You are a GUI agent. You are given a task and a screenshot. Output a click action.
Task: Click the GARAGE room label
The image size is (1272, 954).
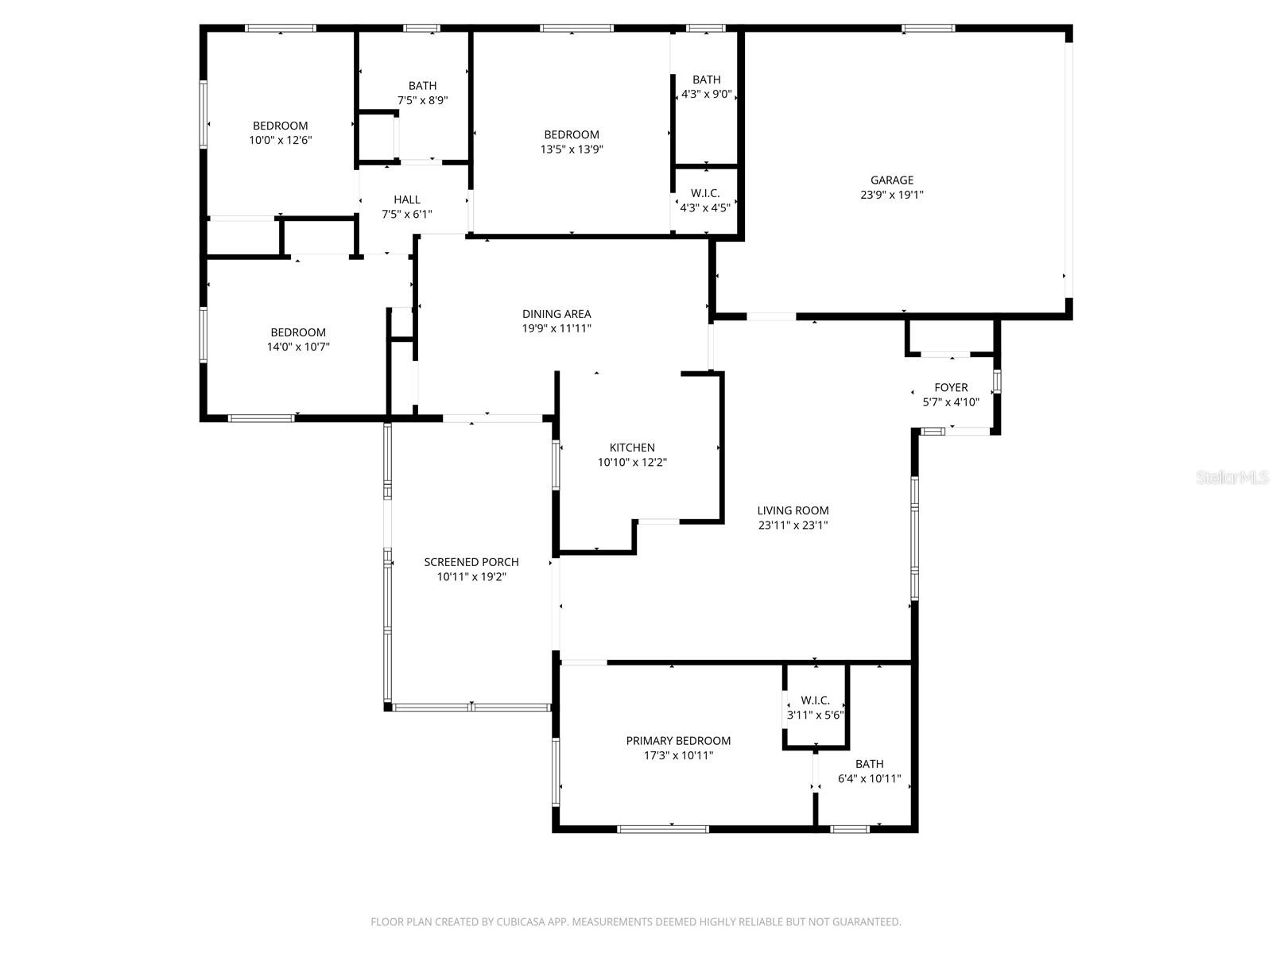click(891, 180)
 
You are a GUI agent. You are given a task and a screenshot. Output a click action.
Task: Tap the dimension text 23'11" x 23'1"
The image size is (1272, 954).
click(793, 525)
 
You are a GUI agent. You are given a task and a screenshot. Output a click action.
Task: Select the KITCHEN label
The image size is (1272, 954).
click(632, 448)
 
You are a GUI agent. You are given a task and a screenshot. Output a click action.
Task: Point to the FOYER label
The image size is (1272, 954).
click(951, 388)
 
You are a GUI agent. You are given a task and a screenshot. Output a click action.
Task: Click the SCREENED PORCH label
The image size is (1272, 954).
click(471, 562)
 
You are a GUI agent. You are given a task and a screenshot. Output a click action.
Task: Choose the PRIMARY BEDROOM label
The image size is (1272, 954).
click(678, 741)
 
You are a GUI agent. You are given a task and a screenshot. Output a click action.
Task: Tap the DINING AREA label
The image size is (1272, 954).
click(556, 314)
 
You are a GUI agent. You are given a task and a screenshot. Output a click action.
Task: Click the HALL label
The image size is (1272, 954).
click(407, 200)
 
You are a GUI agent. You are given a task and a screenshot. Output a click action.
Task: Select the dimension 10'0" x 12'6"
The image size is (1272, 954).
click(280, 140)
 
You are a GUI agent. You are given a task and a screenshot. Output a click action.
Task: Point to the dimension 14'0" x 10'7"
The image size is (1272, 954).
click(298, 347)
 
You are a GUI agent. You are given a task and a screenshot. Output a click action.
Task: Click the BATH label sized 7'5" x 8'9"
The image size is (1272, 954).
click(422, 86)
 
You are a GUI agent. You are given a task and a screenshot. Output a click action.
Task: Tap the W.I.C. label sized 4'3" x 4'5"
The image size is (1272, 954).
click(705, 193)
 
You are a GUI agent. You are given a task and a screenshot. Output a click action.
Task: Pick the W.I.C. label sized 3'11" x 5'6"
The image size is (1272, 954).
click(815, 700)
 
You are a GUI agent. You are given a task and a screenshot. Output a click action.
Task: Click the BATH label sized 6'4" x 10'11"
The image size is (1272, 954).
click(869, 764)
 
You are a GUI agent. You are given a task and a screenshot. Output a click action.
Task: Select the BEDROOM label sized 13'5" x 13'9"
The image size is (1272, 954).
click(572, 134)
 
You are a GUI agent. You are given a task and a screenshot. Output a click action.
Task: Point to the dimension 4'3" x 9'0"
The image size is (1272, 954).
click(706, 94)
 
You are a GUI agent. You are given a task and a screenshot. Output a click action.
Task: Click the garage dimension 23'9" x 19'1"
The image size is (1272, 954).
click(891, 195)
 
